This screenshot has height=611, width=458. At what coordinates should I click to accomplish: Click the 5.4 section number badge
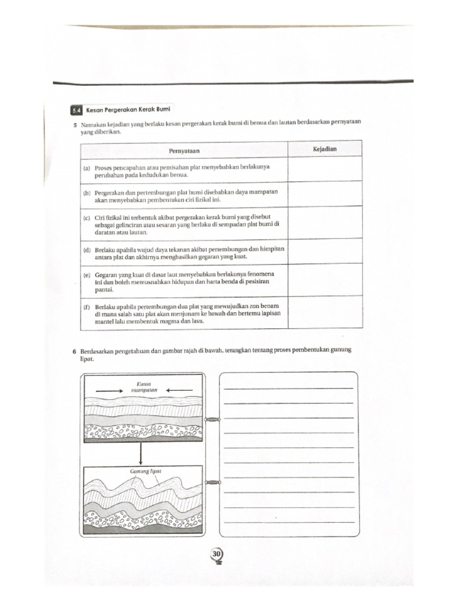click(x=75, y=110)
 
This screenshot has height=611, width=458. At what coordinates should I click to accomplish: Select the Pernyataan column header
click(x=183, y=150)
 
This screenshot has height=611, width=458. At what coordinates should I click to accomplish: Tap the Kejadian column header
click(x=324, y=149)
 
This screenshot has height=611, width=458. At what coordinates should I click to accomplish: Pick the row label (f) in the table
click(x=87, y=306)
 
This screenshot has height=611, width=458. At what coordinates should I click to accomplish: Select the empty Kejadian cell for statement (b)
click(x=324, y=194)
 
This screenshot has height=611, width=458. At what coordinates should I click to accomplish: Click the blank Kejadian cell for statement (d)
click(x=324, y=252)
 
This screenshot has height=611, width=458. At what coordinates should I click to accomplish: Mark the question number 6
click(x=74, y=353)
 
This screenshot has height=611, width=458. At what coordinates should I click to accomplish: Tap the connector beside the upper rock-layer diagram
click(x=212, y=419)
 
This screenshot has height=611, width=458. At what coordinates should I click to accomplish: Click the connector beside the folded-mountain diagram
click(x=212, y=482)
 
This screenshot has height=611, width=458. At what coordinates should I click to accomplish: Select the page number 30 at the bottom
click(x=216, y=555)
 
